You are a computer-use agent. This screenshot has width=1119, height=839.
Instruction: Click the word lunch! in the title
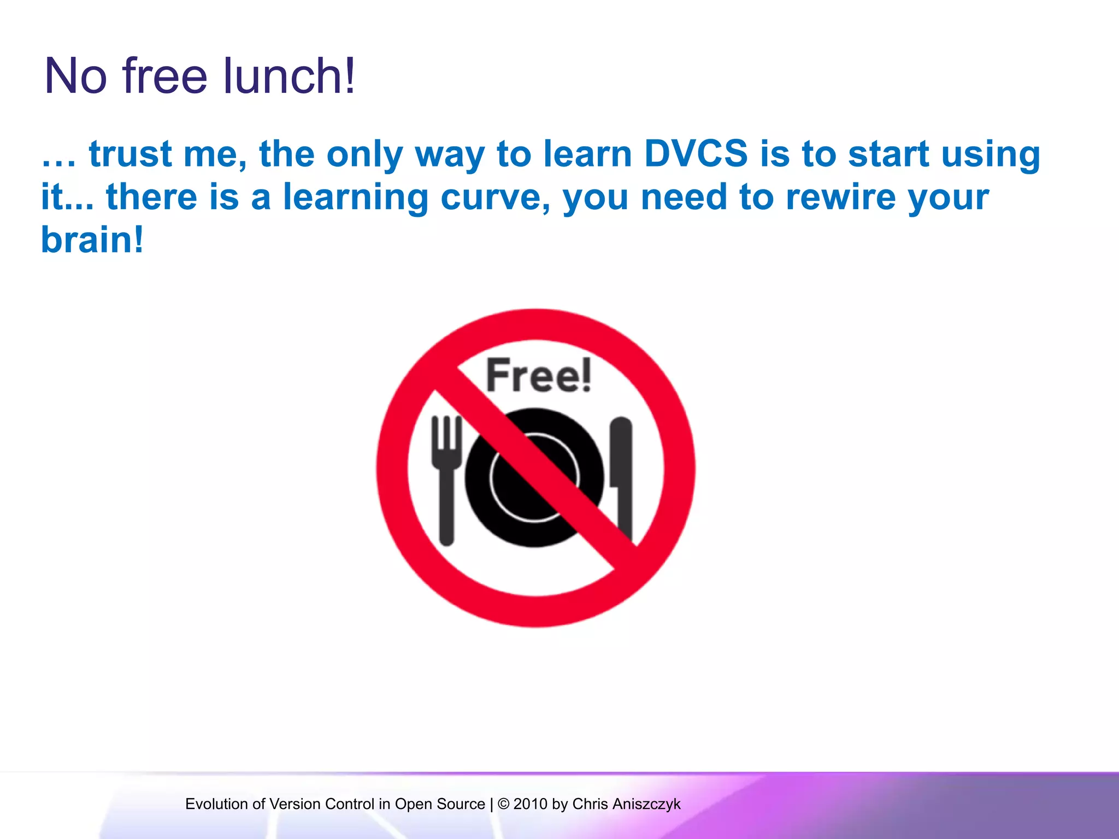click(289, 76)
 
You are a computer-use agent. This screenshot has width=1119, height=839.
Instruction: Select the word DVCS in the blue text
click(696, 153)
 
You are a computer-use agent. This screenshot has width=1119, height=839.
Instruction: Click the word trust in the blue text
click(131, 153)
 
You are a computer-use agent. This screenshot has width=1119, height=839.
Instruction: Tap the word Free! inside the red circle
click(538, 375)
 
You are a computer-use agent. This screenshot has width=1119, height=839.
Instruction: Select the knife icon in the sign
click(621, 475)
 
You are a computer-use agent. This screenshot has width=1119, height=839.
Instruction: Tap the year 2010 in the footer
click(530, 804)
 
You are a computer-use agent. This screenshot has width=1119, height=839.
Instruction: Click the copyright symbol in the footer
click(503, 804)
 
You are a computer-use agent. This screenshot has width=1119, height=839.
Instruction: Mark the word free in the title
click(164, 76)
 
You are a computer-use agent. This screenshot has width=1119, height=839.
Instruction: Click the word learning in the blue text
click(356, 198)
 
